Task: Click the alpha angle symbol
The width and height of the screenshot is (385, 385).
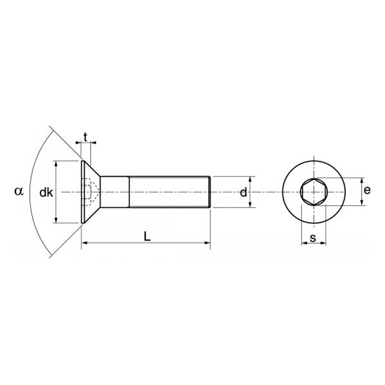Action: click(x=19, y=191)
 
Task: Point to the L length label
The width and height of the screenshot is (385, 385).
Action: click(x=147, y=236)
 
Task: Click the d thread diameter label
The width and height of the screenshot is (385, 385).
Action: click(x=243, y=192)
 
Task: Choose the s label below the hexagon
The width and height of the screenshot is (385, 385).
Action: click(x=313, y=238)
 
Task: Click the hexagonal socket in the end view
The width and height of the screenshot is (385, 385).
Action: click(x=314, y=192)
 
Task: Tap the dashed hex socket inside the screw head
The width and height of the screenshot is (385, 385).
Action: click(x=90, y=192)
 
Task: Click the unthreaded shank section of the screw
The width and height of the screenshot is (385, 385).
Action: click(x=115, y=192)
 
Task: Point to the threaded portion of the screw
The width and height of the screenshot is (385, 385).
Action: click(x=169, y=192)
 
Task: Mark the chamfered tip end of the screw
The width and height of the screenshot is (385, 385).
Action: click(x=209, y=192)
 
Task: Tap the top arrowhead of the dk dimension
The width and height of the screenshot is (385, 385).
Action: click(x=56, y=163)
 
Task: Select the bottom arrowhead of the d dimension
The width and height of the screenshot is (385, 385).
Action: click(x=251, y=205)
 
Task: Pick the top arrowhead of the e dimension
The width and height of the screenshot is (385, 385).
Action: click(x=362, y=180)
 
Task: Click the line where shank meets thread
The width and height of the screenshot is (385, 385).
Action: click(x=129, y=192)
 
